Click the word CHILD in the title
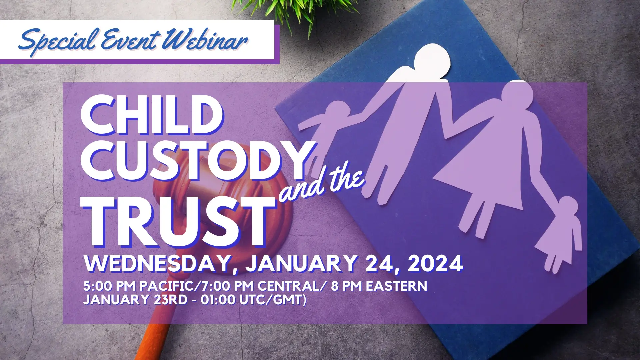click(x=152, y=115)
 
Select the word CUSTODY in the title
click(x=197, y=161)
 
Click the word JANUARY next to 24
click(x=302, y=264)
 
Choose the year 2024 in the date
click(x=435, y=264)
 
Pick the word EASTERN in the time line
click(x=396, y=286)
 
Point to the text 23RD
click(x=170, y=300)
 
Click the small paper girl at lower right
click(x=560, y=233)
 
